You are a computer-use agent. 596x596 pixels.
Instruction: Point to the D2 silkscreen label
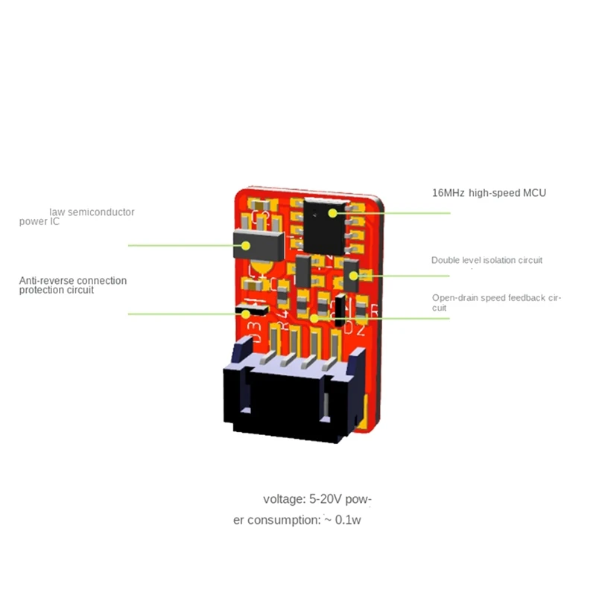(x=355, y=326)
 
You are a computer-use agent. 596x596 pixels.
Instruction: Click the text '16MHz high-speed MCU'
(x=489, y=193)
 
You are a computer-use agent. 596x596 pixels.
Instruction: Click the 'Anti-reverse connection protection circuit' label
(x=72, y=285)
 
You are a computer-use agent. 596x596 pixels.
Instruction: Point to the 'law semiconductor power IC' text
(x=82, y=216)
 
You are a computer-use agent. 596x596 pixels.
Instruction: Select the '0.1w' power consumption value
(x=348, y=520)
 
